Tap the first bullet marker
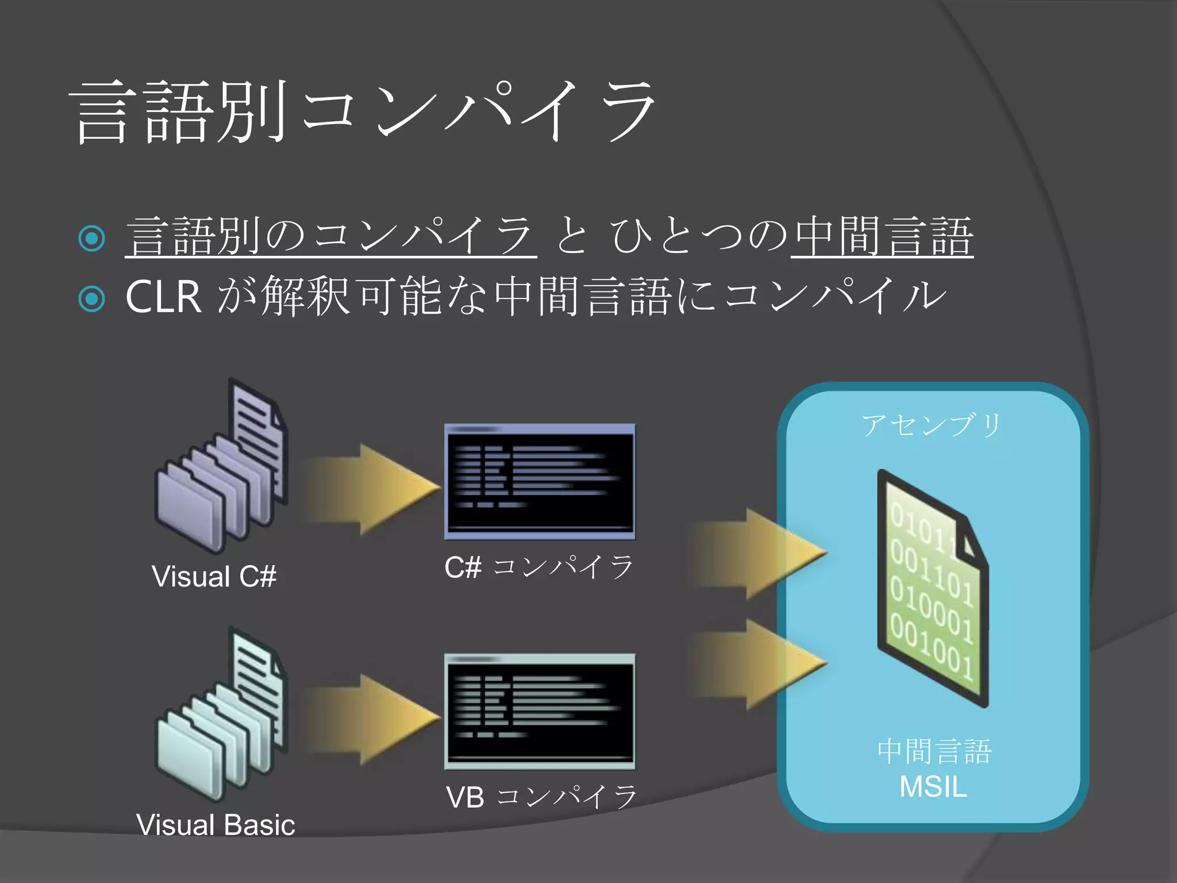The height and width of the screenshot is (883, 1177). pos(92,238)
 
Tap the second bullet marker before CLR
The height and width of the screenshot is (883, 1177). pos(92,298)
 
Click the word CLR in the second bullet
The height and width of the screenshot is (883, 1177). pos(163,297)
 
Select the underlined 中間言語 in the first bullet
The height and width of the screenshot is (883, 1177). pos(882,236)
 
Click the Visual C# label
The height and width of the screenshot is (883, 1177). pos(214,577)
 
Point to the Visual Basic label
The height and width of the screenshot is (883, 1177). pos(216,825)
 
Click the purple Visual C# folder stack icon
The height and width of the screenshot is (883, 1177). pos(221,471)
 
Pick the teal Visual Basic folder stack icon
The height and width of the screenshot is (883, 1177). pos(221,719)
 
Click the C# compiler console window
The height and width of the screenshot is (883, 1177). pos(540,482)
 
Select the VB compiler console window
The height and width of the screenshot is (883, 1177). pos(540,712)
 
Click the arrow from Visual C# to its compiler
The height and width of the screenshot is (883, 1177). pos(371,489)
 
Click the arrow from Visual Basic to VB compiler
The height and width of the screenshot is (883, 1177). pos(371,719)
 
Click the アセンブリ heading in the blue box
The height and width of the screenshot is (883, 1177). pos(932,425)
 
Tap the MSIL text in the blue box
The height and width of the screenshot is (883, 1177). pos(933,787)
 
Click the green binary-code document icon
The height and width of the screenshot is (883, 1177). pos(932,589)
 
